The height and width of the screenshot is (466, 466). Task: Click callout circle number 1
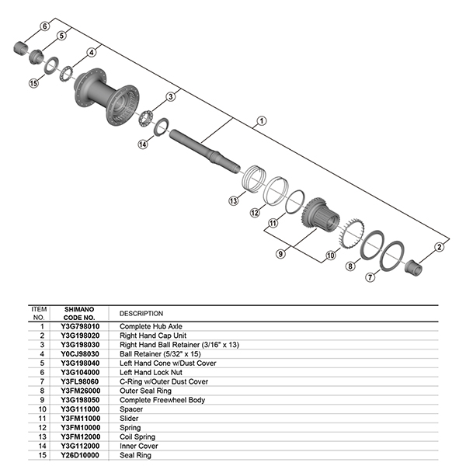(261, 120)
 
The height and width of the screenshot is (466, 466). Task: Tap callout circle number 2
(439, 247)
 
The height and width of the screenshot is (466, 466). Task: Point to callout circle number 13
(232, 200)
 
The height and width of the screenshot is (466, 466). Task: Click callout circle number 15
(33, 83)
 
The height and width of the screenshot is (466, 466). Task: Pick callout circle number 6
(44, 26)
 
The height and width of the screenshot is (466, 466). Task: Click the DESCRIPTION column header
(141, 313)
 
